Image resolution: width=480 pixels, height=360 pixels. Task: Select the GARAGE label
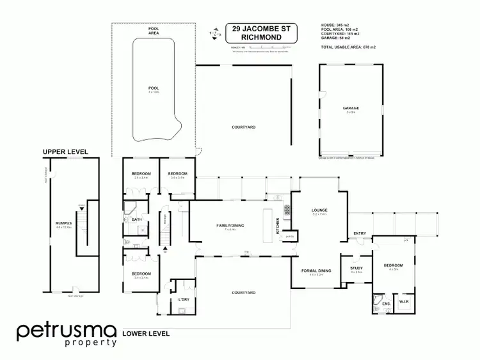[x=350, y=109]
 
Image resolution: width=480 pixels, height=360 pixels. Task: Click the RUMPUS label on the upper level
[x=63, y=223]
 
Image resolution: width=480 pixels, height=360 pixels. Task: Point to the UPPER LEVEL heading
[x=65, y=152]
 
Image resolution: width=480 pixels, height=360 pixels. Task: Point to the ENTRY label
[x=360, y=234]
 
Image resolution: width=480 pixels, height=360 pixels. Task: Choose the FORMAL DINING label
[x=316, y=270]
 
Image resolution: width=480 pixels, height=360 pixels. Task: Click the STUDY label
[x=356, y=268]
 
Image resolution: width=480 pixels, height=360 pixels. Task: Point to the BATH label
[x=136, y=220]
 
